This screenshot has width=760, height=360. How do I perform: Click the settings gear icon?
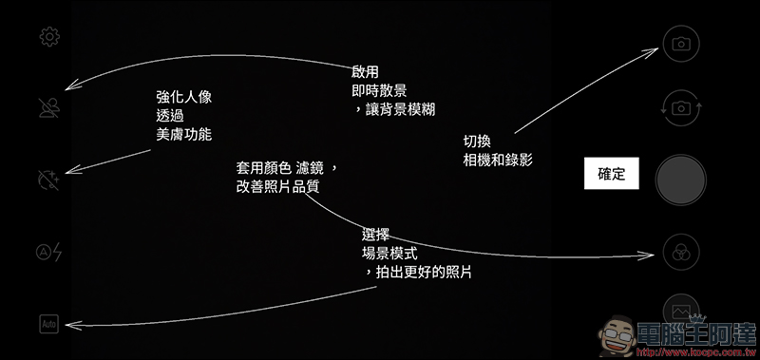click(x=49, y=37)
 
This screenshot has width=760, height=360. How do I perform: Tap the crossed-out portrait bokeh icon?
click(x=49, y=108)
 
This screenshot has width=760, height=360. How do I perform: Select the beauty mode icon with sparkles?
click(x=48, y=180)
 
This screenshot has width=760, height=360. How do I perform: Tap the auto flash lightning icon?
click(x=49, y=252)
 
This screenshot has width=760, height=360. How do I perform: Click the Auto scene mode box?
click(x=49, y=324)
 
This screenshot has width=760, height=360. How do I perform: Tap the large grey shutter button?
click(x=681, y=180)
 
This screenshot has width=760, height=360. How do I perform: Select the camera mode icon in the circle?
click(x=681, y=44)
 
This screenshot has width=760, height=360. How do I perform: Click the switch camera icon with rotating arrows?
click(x=681, y=108)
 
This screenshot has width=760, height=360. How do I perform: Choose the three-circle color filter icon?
click(x=681, y=252)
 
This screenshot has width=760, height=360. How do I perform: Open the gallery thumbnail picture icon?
click(x=681, y=309)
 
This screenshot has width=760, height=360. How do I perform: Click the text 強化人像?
click(x=184, y=98)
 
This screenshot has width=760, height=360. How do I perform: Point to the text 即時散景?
click(x=379, y=91)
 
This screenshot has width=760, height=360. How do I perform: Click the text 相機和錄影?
click(x=498, y=160)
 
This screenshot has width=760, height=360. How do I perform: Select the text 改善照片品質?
click(x=277, y=187)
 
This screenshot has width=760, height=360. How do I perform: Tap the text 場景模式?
click(x=389, y=254)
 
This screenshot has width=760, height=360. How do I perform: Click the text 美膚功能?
click(x=184, y=134)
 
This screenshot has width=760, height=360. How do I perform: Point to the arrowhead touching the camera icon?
click(x=651, y=51)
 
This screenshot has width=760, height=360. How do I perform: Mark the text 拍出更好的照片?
click(x=424, y=273)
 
